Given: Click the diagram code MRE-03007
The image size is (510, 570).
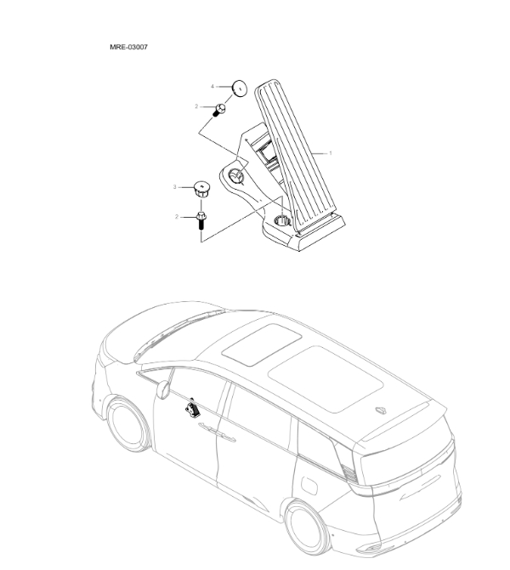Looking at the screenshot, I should click(x=128, y=47).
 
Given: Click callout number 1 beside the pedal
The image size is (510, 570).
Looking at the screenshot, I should click(x=331, y=153).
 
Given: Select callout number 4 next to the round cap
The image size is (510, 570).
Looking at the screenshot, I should click(x=212, y=86).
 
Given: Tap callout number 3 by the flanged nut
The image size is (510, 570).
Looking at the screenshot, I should click(x=175, y=186).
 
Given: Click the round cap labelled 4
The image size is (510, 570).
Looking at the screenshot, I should click(x=239, y=88).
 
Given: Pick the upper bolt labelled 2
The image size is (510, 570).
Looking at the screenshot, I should click(x=219, y=110).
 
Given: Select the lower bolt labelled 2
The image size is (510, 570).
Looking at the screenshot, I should click(x=201, y=221).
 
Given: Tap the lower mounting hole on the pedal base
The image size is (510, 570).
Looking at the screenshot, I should click(x=282, y=222).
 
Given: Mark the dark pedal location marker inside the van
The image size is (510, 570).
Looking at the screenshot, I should click(x=193, y=408).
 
